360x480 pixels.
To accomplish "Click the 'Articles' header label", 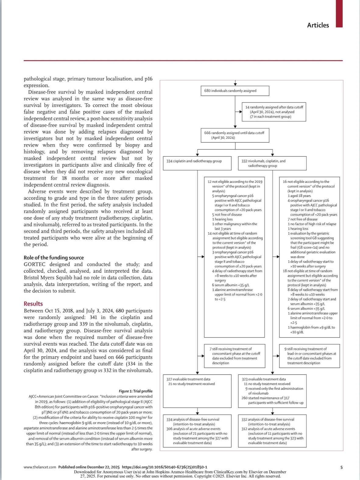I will [x=318, y=25].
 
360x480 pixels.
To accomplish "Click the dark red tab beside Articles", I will [x=339, y=14].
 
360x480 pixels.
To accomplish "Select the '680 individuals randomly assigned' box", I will [x=235, y=91].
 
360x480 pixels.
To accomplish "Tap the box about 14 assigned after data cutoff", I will [x=274, y=112].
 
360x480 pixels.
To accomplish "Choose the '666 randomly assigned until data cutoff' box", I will [x=235, y=135].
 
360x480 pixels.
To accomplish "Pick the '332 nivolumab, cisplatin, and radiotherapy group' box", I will [x=272, y=163].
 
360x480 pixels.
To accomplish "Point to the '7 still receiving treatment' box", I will [x=235, y=356].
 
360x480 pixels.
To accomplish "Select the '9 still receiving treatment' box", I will [x=309, y=356].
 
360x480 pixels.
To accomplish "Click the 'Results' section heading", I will [x=33, y=304].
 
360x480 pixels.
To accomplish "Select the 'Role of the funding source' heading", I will [x=54, y=258].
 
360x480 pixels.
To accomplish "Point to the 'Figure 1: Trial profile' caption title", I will [x=136, y=391].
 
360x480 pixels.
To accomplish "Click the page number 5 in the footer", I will [x=341, y=467].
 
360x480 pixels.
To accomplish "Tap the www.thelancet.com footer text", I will [x=40, y=467].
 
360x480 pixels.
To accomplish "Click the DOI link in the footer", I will [x=164, y=467].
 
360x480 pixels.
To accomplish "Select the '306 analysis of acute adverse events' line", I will [x=193, y=429].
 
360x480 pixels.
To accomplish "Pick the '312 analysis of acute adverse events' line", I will [x=268, y=429].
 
